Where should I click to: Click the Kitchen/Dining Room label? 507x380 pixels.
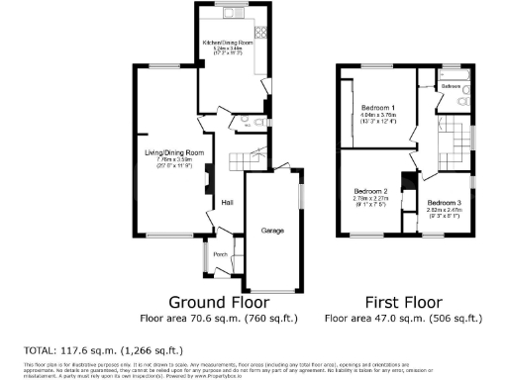tap(229, 44)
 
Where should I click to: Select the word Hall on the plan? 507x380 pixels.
tap(227, 203)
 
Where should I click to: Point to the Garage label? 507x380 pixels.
tap(272, 231)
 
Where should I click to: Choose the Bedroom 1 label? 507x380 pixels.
tap(377, 107)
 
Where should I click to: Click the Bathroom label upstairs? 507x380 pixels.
tap(452, 87)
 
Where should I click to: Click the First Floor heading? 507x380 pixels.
tap(404, 301)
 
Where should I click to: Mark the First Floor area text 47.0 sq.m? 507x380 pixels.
tap(404, 319)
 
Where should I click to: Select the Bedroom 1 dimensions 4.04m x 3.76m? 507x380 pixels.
tap(377, 115)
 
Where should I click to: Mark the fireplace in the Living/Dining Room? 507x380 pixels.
tap(208, 179)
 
